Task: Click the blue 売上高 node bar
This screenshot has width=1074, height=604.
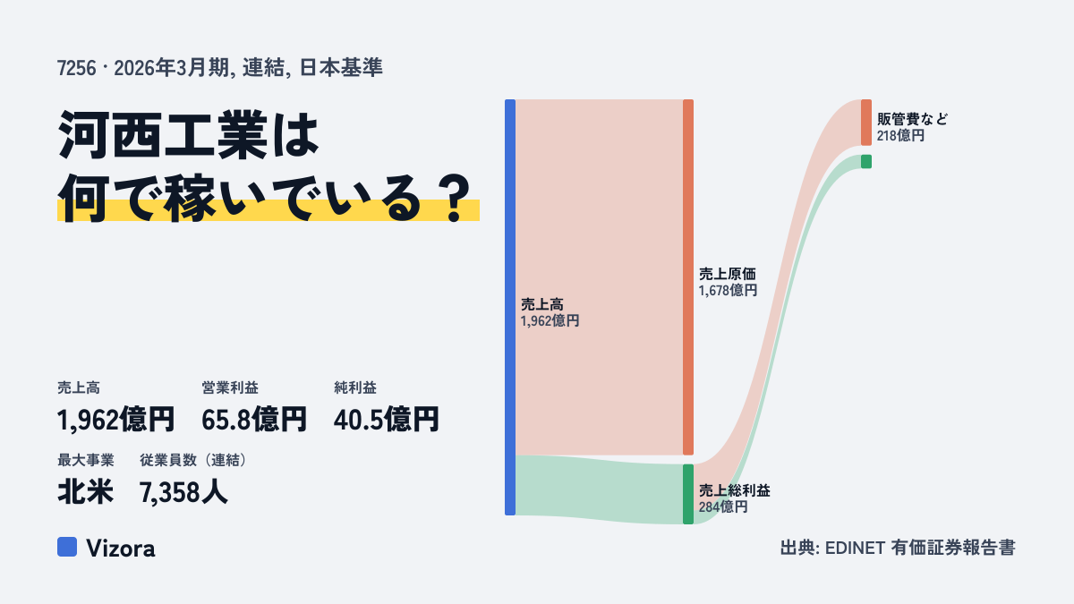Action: click(510, 307)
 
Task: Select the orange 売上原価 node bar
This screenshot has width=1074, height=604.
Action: click(688, 277)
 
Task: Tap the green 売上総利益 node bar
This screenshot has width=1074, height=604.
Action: click(688, 494)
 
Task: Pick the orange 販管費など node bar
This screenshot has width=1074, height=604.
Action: click(866, 123)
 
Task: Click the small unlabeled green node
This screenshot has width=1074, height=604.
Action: click(866, 162)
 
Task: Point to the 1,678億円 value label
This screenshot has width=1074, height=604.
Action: click(728, 291)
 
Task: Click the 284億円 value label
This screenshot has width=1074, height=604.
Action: click(723, 507)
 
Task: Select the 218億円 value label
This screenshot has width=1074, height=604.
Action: click(900, 136)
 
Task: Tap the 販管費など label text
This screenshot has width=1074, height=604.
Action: click(912, 119)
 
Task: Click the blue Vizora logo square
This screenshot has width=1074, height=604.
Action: click(67, 547)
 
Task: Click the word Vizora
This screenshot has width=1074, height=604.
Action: click(121, 549)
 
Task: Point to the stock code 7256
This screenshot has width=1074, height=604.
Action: click(76, 68)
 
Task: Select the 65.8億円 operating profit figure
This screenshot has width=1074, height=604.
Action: click(254, 420)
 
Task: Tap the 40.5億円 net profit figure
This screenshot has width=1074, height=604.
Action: click(387, 420)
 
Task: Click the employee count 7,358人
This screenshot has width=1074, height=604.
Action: click(183, 492)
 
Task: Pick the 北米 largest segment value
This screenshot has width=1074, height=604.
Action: click(85, 492)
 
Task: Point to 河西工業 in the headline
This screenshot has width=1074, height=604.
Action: click(163, 135)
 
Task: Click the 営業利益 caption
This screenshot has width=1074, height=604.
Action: click(230, 387)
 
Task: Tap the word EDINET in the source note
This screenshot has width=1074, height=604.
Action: click(855, 548)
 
